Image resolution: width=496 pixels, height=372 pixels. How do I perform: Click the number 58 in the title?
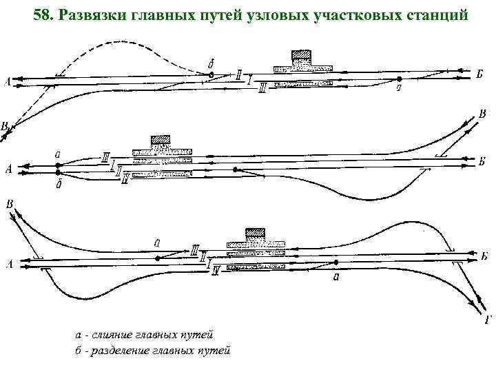point(43,14)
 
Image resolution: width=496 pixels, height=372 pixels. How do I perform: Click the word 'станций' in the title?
point(435,14)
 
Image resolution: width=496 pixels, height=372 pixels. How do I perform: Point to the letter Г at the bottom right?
point(487,318)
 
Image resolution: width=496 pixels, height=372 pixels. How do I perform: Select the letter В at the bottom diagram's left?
point(9,205)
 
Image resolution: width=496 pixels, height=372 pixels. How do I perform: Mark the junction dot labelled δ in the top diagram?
point(211,74)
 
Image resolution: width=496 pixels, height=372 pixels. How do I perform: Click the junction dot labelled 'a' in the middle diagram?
point(58,165)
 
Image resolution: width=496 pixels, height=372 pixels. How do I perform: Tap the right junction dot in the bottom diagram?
point(336,262)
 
